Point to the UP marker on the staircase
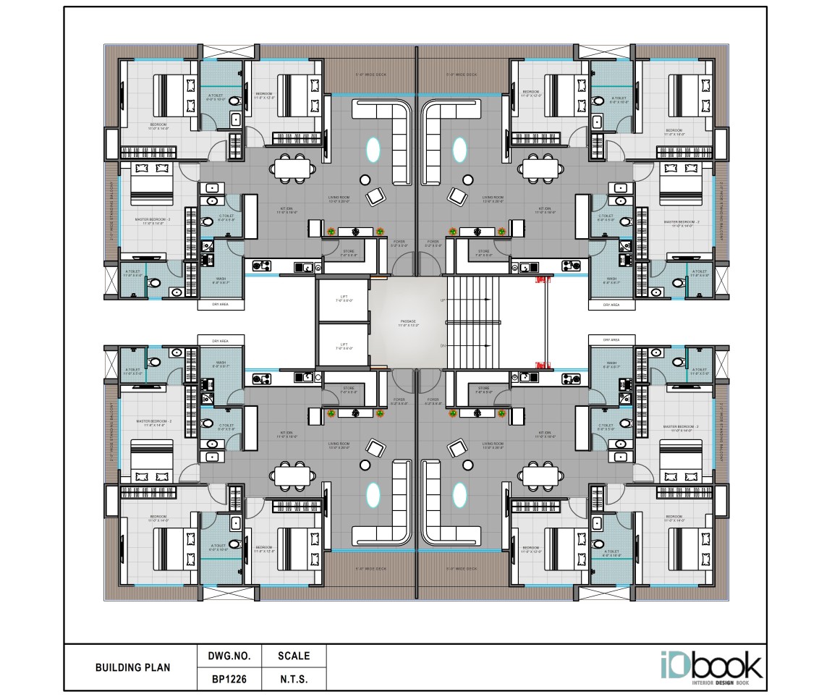tap(443, 299)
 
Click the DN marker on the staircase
tap(443, 346)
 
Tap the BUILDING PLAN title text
tap(132, 667)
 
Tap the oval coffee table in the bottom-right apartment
tap(459, 495)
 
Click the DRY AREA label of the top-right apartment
tap(611, 305)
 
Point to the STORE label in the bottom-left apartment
tap(349, 389)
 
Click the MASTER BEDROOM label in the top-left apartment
tap(153, 219)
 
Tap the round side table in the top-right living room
tap(469, 179)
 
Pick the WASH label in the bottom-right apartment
tap(611, 363)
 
